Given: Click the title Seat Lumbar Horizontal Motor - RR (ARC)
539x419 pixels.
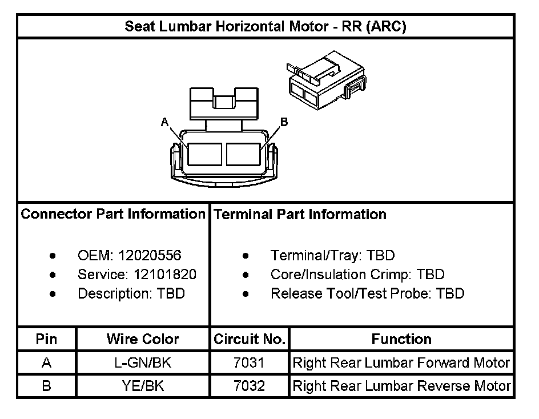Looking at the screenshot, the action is [266, 27].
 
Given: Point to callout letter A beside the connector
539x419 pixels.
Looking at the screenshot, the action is [164, 122].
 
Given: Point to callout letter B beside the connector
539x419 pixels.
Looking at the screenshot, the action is [284, 122].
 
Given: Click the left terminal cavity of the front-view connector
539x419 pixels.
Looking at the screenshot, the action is [205, 154].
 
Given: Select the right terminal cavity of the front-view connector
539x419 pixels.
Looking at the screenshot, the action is [244, 154].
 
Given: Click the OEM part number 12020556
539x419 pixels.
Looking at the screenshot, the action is [156, 256].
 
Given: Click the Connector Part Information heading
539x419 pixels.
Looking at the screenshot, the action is [113, 215].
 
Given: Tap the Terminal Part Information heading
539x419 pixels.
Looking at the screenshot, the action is [300, 215].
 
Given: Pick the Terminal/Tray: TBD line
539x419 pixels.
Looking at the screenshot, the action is [332, 256].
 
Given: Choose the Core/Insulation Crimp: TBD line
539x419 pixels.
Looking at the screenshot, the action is [357, 275].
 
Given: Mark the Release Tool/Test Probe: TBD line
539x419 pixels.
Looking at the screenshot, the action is [367, 294].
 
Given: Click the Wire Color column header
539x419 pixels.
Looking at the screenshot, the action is [143, 340].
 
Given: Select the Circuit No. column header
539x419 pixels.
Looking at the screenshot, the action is [250, 340].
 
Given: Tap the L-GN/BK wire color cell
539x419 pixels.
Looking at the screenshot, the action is [143, 363].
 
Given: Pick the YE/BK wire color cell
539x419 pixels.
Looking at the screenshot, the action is [143, 386].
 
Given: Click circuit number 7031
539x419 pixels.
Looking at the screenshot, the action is [250, 363].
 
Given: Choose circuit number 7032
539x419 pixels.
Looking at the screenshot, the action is [250, 386].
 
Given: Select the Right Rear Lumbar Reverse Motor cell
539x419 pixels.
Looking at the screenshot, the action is [401, 386].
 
